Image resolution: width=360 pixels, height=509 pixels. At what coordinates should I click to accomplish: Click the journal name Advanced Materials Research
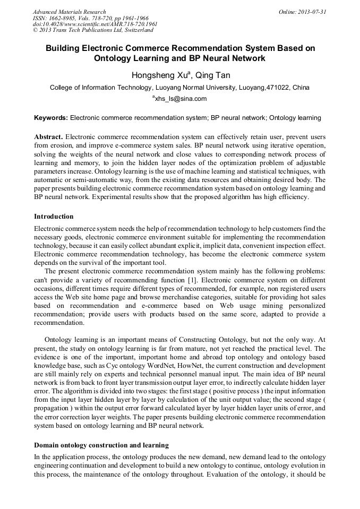(x=69, y=12)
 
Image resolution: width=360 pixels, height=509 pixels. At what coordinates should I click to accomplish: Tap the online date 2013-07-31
(x=310, y=12)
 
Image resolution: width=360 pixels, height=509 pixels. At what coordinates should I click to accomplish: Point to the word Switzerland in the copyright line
(x=134, y=30)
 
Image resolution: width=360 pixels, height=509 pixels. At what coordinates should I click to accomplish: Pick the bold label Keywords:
(x=51, y=117)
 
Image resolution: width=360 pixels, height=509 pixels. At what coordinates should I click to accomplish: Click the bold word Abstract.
(x=49, y=136)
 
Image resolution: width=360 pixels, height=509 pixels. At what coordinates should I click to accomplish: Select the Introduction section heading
(x=54, y=217)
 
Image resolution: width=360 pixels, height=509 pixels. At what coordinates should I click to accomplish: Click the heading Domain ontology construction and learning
(x=101, y=445)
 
